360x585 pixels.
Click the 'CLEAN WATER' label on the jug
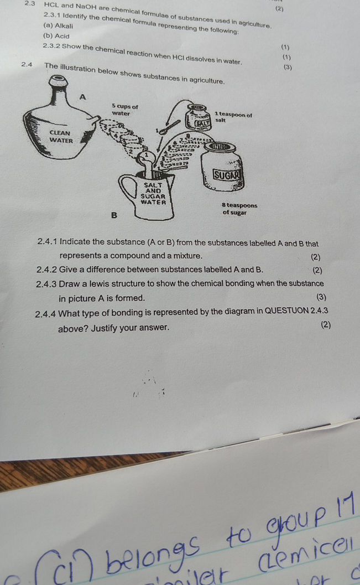click(60, 136)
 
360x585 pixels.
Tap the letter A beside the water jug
click(83, 97)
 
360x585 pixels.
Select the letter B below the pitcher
click(114, 215)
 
